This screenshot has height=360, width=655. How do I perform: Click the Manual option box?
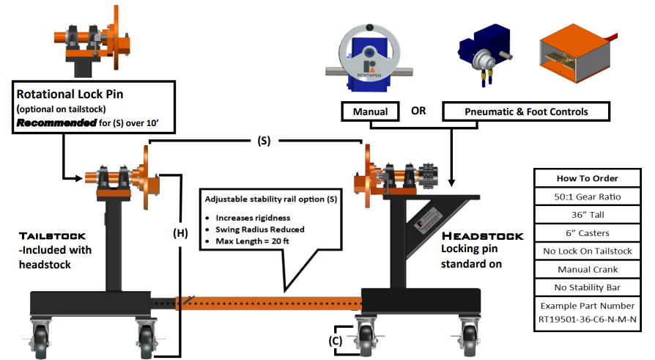point(370,112)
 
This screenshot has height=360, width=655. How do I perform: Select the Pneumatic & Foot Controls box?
point(526,112)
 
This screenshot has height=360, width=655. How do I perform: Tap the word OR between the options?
point(418,112)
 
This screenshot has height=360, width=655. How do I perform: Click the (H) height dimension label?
point(180,234)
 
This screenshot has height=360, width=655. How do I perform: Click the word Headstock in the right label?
point(483,236)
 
